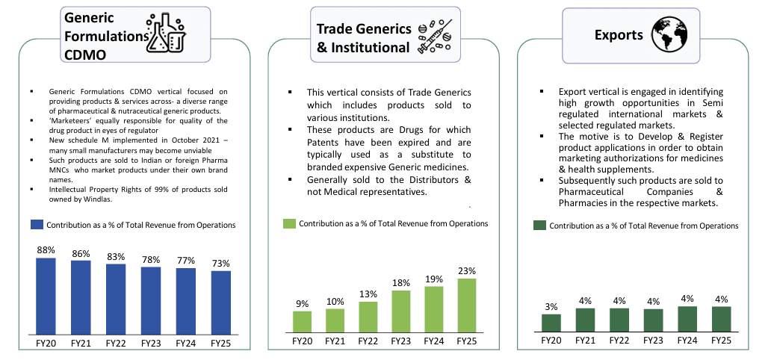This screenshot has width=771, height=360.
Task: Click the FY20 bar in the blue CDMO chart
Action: coord(46,295)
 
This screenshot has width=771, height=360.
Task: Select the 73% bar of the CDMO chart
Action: coord(220,302)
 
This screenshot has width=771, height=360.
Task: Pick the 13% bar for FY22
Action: coord(368,317)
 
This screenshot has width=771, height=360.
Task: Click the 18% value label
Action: coord(401,283)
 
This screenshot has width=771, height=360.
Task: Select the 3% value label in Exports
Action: coord(551,306)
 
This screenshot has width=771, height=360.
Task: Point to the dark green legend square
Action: coord(539,225)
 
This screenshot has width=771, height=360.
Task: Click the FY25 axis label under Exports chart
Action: coord(721,341)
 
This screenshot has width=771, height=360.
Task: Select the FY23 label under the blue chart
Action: coord(151,343)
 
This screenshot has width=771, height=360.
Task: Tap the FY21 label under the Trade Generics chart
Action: coord(335,341)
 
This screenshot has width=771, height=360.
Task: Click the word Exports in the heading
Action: coord(619,35)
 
